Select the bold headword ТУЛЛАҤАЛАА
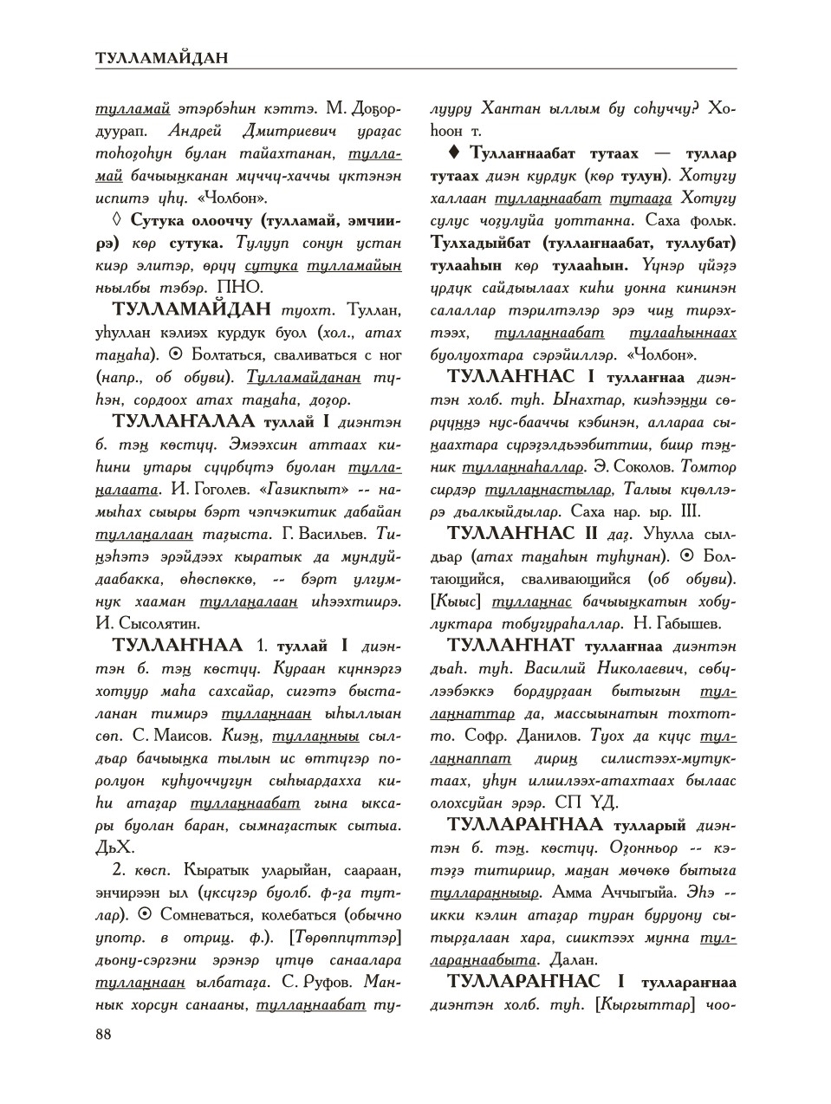(184, 422)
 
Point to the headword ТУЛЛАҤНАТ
(510, 646)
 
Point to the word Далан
(574, 960)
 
